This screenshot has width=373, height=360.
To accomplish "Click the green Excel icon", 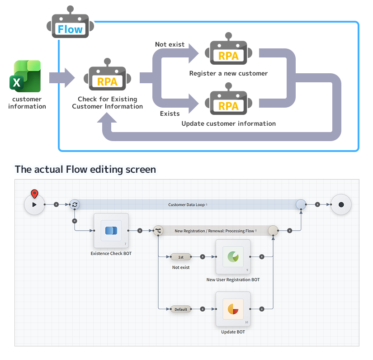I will (x=27, y=76).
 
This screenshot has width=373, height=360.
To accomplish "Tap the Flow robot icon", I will (x=70, y=25).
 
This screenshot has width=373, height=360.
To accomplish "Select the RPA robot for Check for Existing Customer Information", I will (x=107, y=77).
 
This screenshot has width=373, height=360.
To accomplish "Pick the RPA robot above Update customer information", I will (x=228, y=102).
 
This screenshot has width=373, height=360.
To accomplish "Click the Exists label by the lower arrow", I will (x=170, y=114).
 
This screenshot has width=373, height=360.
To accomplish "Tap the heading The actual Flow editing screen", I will (x=85, y=170).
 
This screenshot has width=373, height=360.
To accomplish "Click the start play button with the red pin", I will (x=34, y=204).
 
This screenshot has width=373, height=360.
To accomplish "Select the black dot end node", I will (x=341, y=204).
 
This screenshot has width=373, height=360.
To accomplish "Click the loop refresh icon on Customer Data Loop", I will (x=75, y=204).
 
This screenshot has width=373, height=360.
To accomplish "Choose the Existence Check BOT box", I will (x=111, y=231).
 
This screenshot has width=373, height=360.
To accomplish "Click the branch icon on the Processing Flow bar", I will (x=158, y=231).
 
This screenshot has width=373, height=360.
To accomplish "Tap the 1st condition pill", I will (x=180, y=257).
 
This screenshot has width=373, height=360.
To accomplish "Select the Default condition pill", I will (x=181, y=309).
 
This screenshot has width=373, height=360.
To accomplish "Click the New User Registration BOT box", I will (x=233, y=257).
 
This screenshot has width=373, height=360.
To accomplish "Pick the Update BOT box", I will (x=233, y=309).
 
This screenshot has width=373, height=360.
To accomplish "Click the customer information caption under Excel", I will (x=27, y=103).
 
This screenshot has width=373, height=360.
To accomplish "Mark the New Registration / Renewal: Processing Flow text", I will (x=214, y=231).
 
